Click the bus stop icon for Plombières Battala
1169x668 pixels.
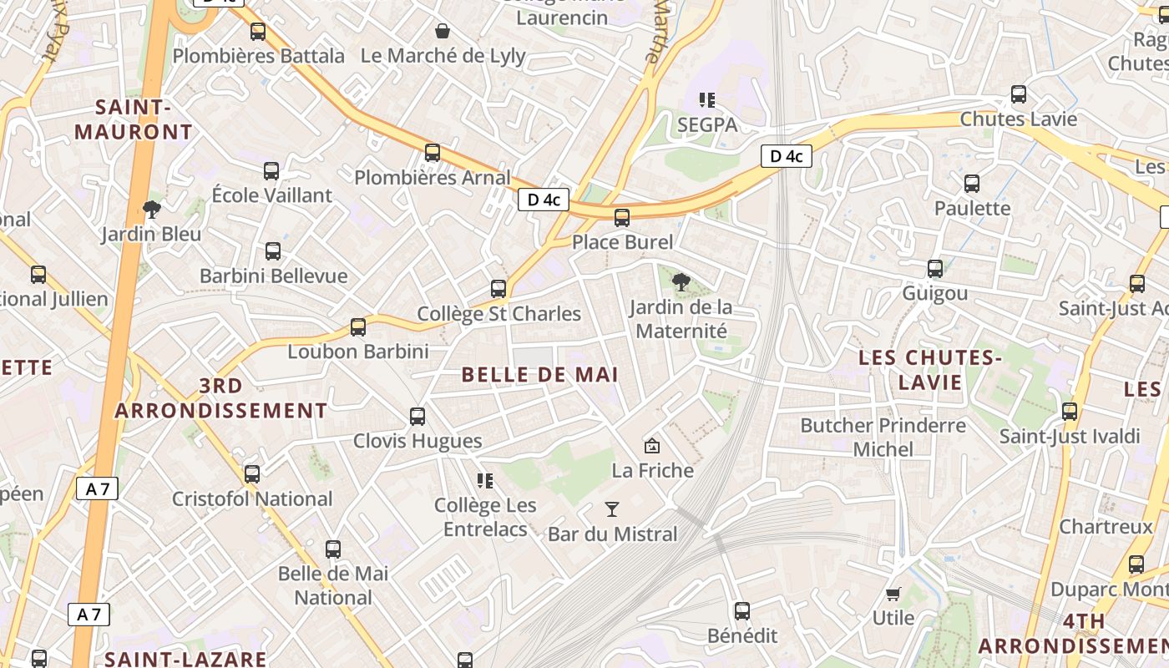[258, 32]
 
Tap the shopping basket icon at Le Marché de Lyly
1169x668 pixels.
[443, 32]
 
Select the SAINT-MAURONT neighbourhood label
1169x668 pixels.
[134, 119]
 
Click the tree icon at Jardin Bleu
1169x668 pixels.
[151, 209]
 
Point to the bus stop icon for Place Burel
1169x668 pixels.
[622, 218]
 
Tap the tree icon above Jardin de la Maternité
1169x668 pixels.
[681, 282]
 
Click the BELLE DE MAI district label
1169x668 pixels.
[539, 375]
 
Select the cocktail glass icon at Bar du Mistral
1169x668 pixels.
[612, 509]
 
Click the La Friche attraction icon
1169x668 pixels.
[652, 446]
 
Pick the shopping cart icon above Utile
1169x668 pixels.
[893, 594]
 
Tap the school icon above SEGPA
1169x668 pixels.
[707, 100]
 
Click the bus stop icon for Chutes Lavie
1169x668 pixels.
[1019, 94]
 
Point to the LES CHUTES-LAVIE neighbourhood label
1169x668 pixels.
[930, 370]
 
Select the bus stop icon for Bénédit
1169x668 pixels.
[742, 611]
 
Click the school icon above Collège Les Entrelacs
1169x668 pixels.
[485, 480]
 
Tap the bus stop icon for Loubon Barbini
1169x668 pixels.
[358, 326]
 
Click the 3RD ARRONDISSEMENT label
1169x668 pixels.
[220, 398]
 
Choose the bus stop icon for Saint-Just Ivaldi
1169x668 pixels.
[1070, 412]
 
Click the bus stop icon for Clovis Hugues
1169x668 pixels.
[417, 416]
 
